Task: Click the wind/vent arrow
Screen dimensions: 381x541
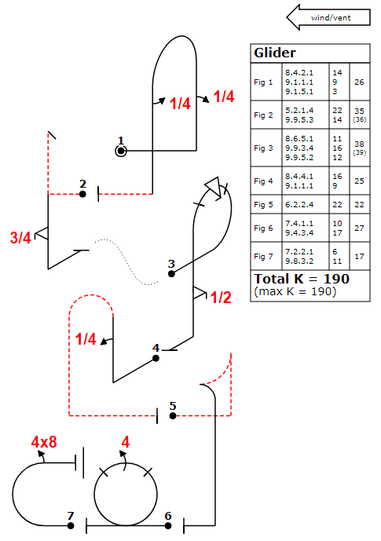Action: pyautogui.click(x=328, y=17)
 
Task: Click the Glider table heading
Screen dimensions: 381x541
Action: pyautogui.click(x=275, y=53)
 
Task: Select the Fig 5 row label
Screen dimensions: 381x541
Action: pyautogui.click(x=263, y=205)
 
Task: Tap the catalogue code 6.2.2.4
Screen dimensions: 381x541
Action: pyautogui.click(x=299, y=205)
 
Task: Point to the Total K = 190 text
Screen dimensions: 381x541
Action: pyautogui.click(x=302, y=279)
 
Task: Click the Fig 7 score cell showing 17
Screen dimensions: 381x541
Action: pyautogui.click(x=359, y=256)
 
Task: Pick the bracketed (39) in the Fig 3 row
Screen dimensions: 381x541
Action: pyautogui.click(x=359, y=153)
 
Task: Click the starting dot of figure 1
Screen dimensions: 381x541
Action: pyautogui.click(x=121, y=151)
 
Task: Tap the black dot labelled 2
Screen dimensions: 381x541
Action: pyautogui.click(x=82, y=194)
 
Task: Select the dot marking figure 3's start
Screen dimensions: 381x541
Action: pyautogui.click(x=171, y=274)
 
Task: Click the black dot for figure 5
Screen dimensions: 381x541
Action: pyautogui.click(x=173, y=415)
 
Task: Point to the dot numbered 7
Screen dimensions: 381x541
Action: pyautogui.click(x=71, y=526)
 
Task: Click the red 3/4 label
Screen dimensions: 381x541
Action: pyautogui.click(x=20, y=238)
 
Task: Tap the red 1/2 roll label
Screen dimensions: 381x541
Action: pyautogui.click(x=221, y=298)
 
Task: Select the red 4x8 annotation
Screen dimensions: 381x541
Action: pyautogui.click(x=44, y=442)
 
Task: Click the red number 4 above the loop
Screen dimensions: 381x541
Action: pyautogui.click(x=125, y=442)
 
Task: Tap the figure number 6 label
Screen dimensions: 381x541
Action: pyautogui.click(x=168, y=516)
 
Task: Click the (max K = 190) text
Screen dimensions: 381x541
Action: pyautogui.click(x=295, y=291)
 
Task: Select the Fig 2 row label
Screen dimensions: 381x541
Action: pyautogui.click(x=263, y=115)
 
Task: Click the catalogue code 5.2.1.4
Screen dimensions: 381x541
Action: pyautogui.click(x=299, y=111)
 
